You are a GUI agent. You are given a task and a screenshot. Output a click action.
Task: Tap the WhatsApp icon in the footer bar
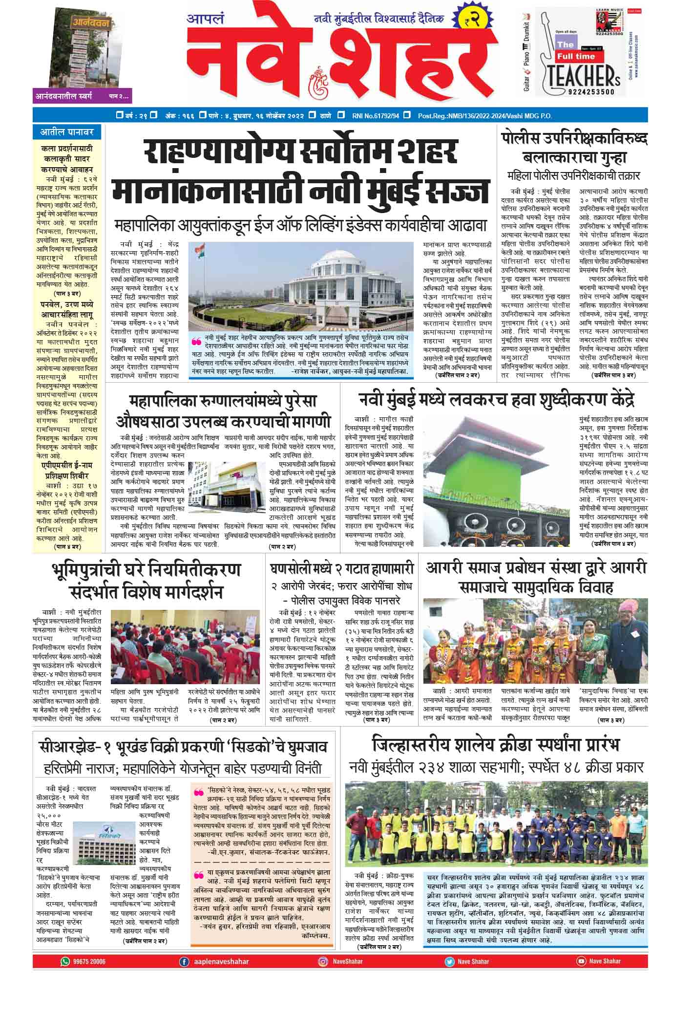[x=65, y=961]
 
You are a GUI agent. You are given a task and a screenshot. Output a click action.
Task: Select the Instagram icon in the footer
[x=323, y=961]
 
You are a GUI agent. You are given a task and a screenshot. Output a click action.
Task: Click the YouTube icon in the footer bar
[x=581, y=961]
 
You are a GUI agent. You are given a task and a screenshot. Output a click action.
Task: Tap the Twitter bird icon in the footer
[x=449, y=961]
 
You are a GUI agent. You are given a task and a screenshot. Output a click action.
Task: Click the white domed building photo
[x=301, y=288]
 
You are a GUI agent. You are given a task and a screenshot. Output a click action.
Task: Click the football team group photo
[x=496, y=823]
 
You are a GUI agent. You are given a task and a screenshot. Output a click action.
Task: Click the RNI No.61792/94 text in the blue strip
[x=375, y=116]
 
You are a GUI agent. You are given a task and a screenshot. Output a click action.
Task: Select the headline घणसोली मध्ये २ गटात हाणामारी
[x=342, y=568]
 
